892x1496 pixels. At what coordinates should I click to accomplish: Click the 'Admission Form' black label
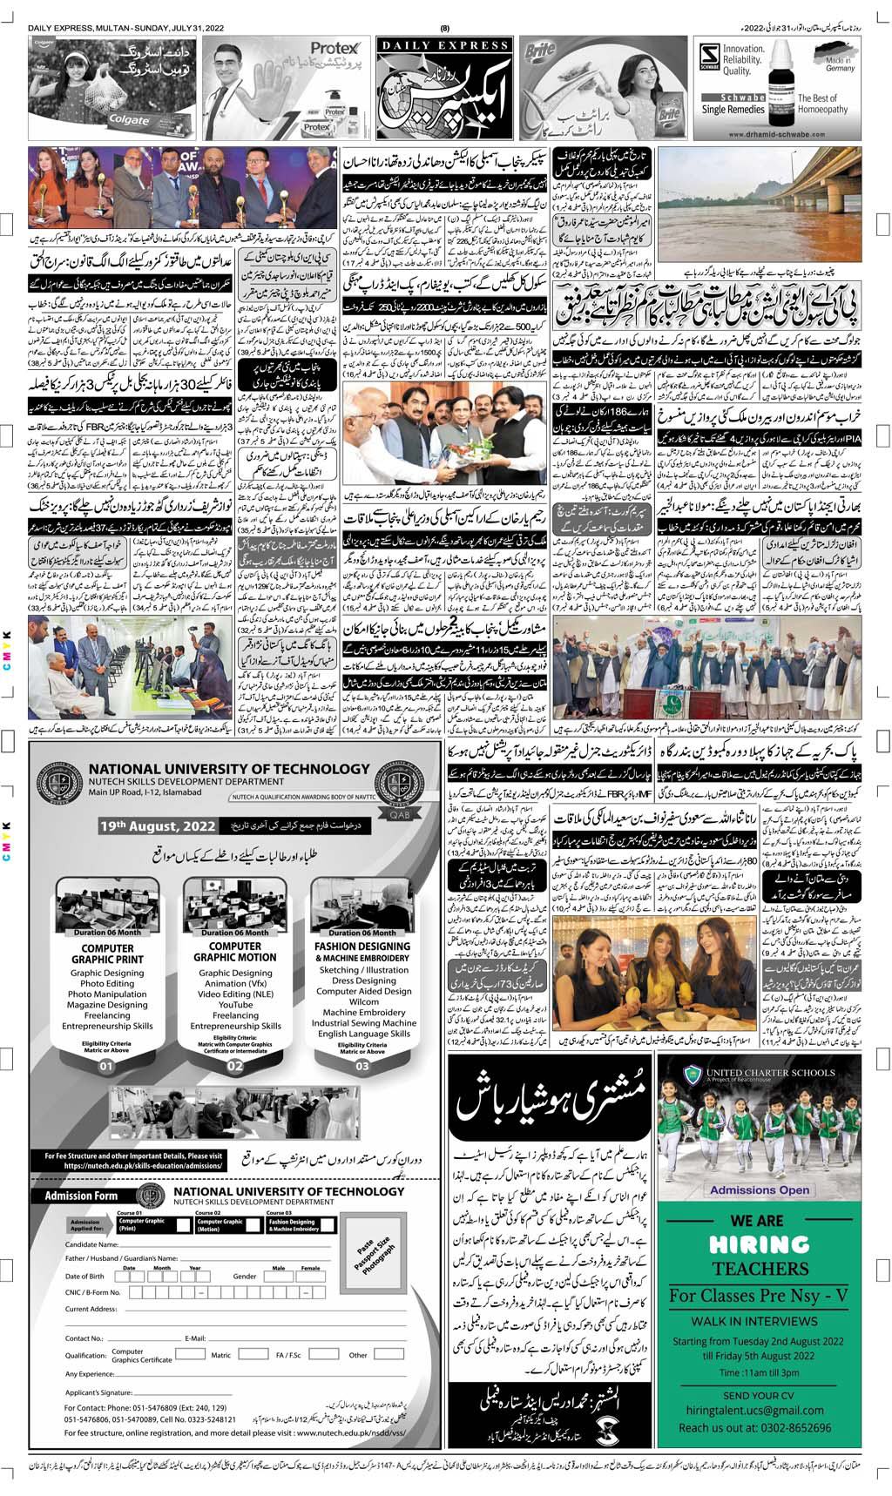coord(81,1196)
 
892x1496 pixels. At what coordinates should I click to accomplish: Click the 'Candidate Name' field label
coord(91,1244)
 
